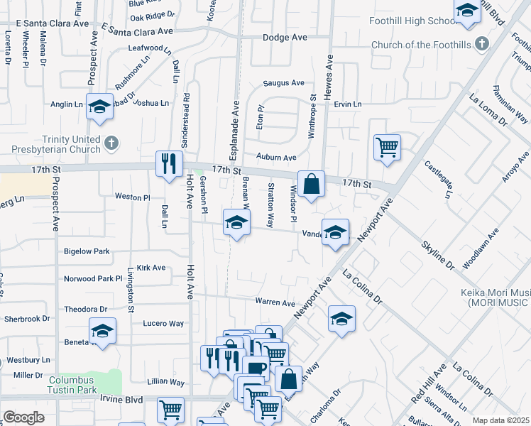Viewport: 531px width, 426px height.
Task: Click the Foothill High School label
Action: click(413, 21)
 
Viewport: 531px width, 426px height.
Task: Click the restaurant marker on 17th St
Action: click(169, 164)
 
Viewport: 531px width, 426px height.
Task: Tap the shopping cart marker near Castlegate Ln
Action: click(387, 148)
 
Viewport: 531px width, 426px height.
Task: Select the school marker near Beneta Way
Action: click(102, 331)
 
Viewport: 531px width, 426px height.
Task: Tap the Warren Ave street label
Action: click(275, 302)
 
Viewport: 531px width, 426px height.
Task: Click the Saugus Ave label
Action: click(283, 83)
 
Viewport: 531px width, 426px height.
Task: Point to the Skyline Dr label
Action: click(437, 256)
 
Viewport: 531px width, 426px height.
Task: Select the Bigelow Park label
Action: click(87, 251)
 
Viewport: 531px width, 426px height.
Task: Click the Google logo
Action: click(23, 417)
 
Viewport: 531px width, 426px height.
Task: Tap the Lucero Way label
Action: click(163, 324)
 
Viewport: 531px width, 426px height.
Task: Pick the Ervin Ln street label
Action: click(347, 104)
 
